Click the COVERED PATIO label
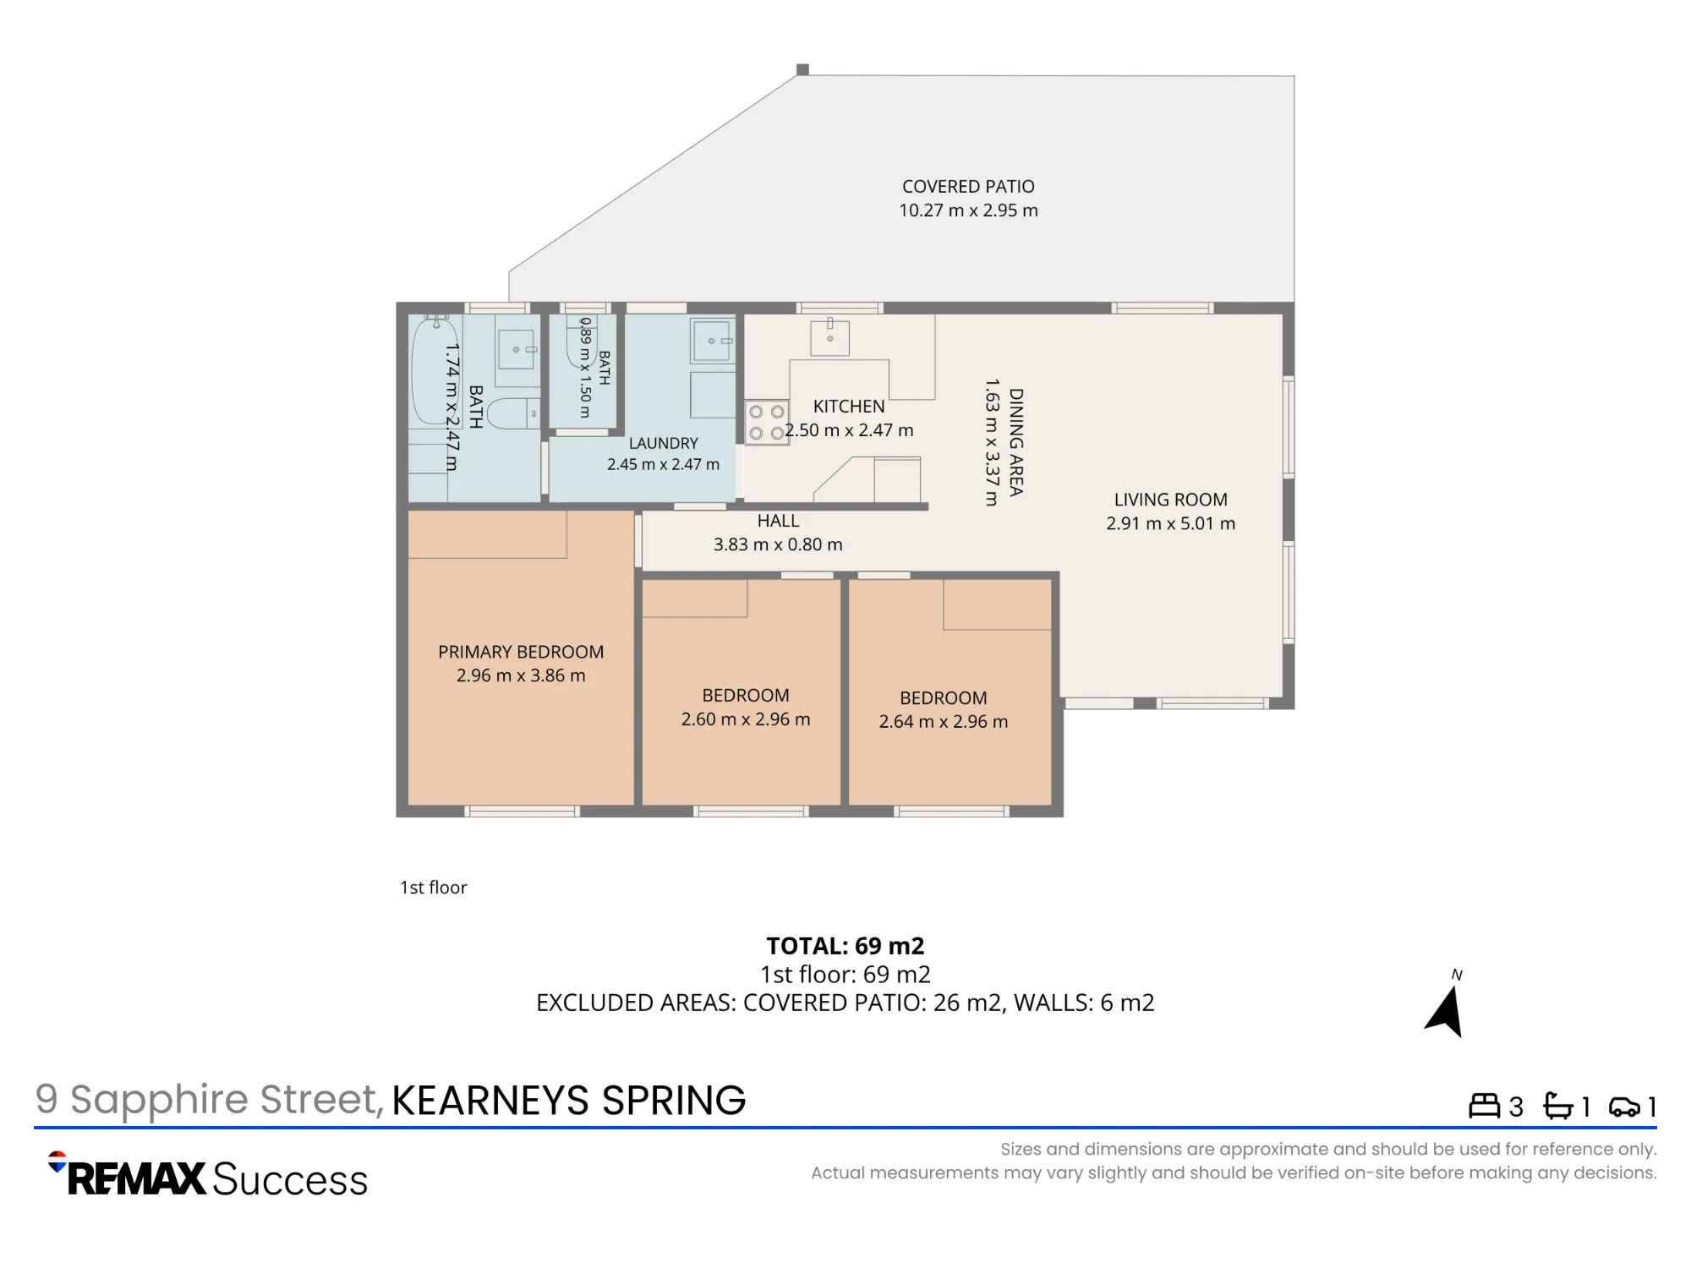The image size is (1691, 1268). (968, 187)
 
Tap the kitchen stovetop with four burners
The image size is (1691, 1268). (767, 423)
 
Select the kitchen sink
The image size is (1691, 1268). (829, 337)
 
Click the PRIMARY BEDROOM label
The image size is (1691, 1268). (521, 652)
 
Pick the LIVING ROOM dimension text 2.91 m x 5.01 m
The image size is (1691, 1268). (1171, 523)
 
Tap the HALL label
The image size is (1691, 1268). (778, 521)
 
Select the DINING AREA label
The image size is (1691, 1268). (1016, 442)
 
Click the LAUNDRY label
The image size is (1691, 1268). (664, 443)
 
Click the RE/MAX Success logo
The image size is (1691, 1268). (208, 1176)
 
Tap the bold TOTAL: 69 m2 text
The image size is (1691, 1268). (845, 946)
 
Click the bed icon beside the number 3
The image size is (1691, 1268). (1484, 1106)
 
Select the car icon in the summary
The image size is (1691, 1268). (1624, 1107)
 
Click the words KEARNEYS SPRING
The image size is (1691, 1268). (569, 1101)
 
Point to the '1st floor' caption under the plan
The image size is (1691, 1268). (434, 888)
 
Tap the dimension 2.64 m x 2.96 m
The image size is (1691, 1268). (944, 722)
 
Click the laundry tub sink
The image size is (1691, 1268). (712, 341)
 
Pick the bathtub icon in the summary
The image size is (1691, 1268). (1558, 1106)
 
